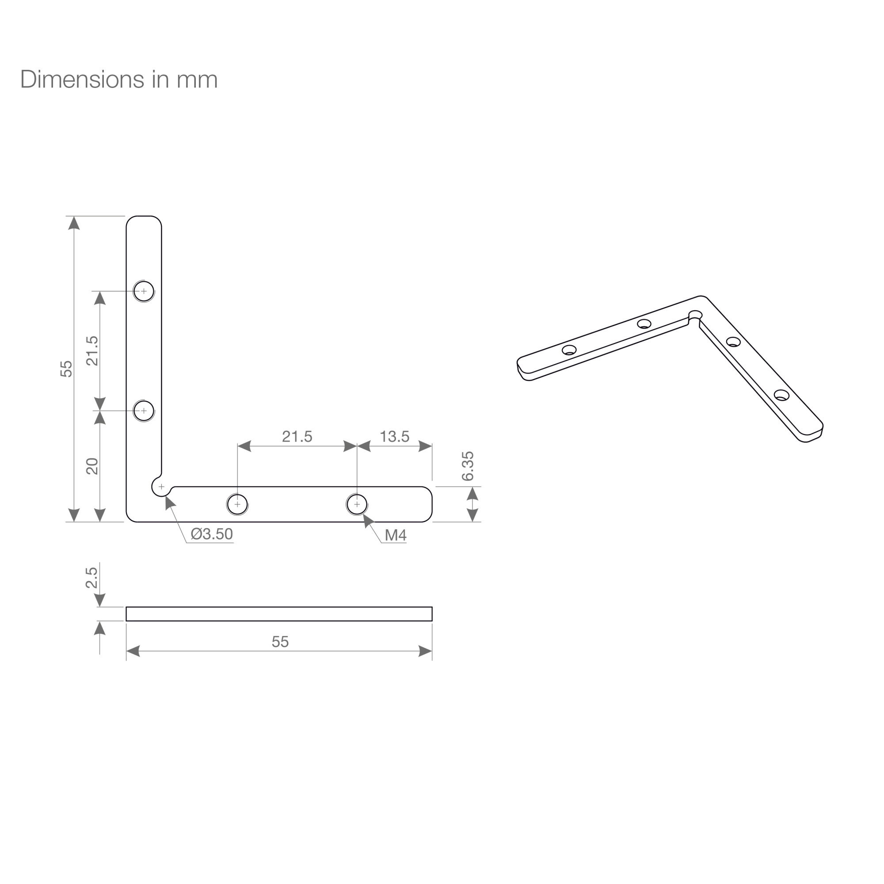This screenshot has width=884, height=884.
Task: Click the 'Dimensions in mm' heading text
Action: point(119,80)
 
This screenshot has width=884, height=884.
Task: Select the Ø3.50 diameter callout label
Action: point(212,533)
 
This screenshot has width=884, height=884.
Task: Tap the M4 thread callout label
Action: point(395,535)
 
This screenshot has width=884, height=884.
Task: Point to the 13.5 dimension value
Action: point(394,437)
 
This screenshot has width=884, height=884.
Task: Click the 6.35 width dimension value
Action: point(468,466)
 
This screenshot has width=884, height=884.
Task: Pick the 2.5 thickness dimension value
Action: point(91,577)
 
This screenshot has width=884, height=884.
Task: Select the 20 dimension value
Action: point(92,466)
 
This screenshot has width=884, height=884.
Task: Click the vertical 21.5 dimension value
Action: point(92,351)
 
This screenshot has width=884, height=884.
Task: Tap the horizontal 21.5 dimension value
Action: point(297,437)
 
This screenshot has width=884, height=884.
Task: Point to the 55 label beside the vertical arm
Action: point(66,369)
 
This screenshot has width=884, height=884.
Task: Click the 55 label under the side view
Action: point(280,641)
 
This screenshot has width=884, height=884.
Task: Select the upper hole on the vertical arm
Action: point(144,291)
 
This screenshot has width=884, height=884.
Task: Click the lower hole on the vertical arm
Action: point(144,411)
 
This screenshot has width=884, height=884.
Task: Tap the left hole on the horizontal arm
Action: point(237,504)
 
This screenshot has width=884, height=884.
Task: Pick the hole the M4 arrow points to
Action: point(357,504)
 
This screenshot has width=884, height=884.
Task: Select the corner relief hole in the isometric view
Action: point(695,315)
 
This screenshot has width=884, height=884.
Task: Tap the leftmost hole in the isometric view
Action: point(569,351)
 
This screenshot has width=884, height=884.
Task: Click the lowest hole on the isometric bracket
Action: point(781,395)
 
